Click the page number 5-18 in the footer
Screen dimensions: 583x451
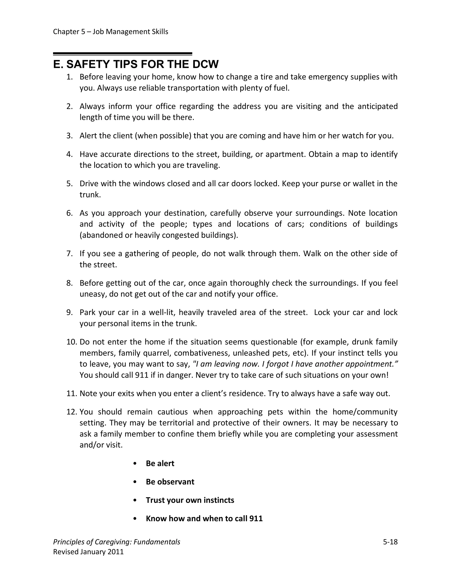[x=390, y=542]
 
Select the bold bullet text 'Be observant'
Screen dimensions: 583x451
[x=170, y=482]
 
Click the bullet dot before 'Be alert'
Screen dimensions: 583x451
[x=135, y=463]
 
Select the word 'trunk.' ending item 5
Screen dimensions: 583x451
[x=90, y=195]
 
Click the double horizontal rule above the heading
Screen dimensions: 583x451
[x=123, y=54]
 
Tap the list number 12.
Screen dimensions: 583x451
[x=72, y=412]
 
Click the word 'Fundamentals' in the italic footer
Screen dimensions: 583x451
[x=157, y=542]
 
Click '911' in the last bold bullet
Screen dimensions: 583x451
[x=256, y=518]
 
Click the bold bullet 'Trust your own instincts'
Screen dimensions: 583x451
[x=190, y=500]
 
